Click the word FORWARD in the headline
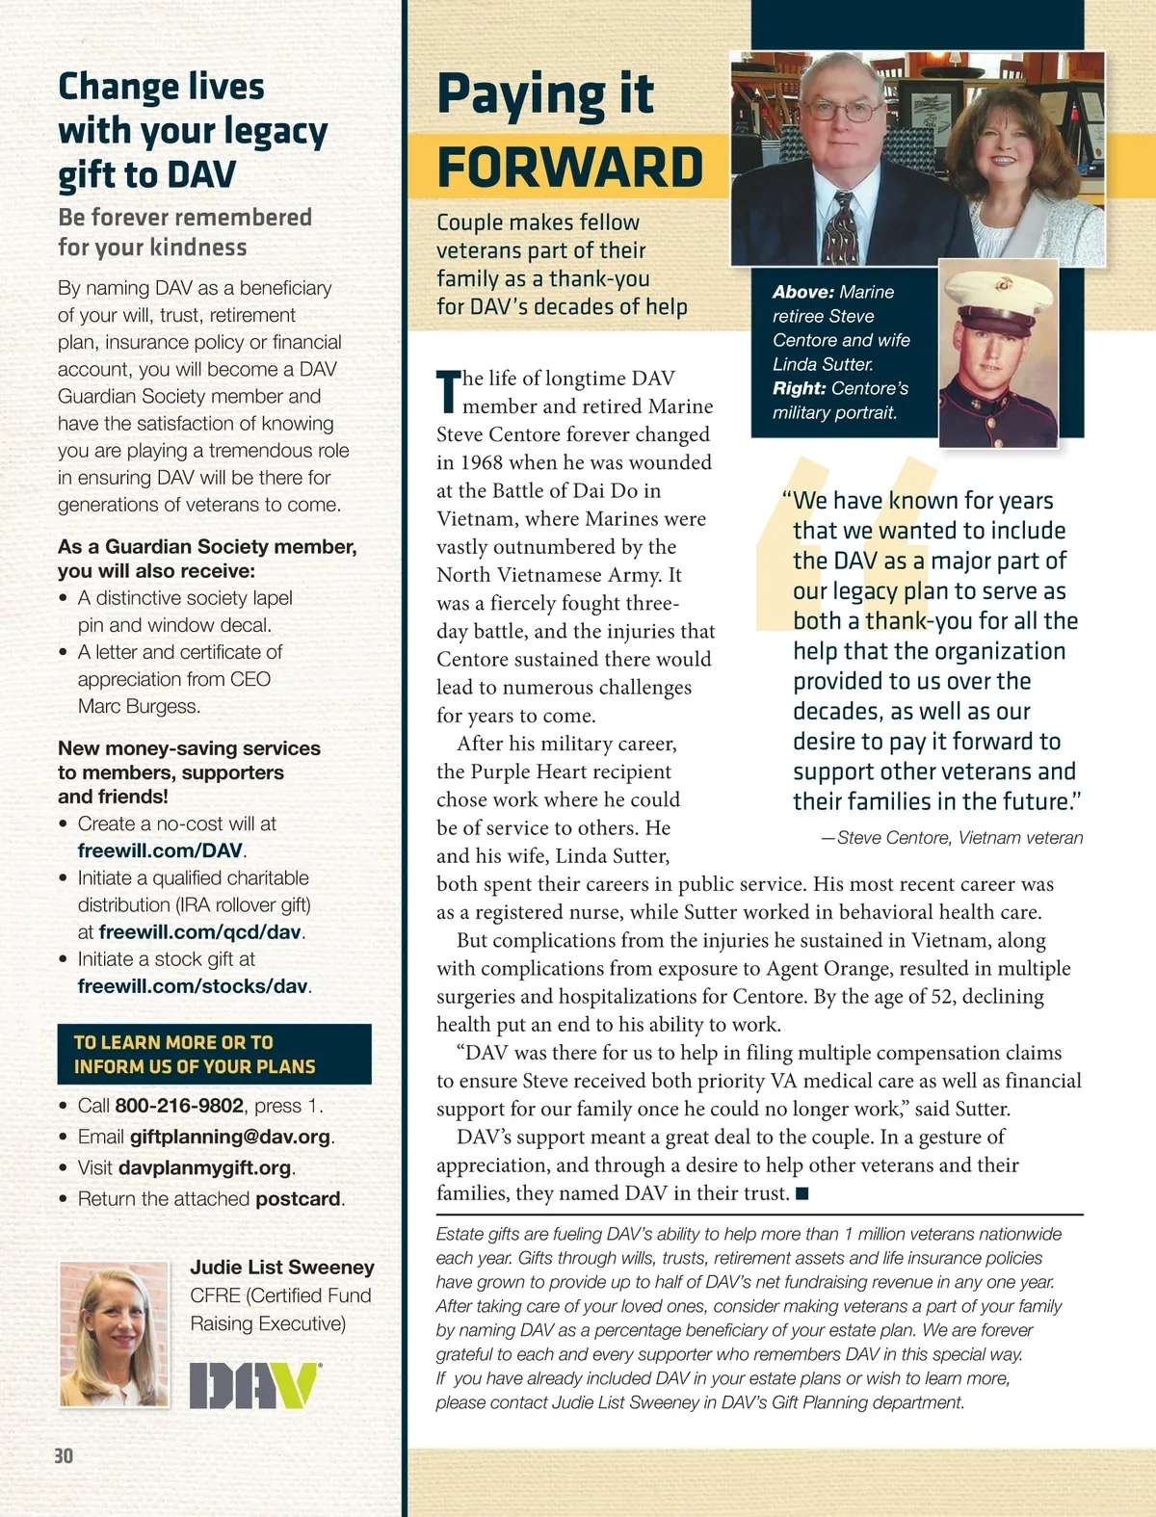click(570, 167)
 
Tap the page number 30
click(64, 1455)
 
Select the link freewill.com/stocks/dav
click(193, 986)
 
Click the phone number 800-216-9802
click(180, 1106)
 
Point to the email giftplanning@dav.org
click(230, 1137)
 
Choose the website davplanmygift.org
click(204, 1167)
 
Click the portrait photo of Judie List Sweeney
click(114, 1334)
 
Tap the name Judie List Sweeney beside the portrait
click(281, 1268)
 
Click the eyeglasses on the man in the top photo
click(842, 110)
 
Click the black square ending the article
click(801, 1194)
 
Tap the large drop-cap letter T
click(448, 391)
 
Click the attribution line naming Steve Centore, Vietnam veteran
click(952, 838)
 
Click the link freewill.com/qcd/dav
click(200, 932)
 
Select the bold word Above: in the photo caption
click(802, 292)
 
